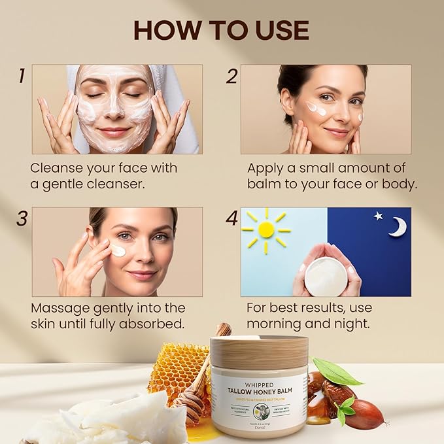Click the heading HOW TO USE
[x=221, y=30]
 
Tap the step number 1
[x=22, y=76]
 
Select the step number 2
[x=231, y=76]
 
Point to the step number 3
[x=22, y=218]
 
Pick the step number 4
[x=231, y=218]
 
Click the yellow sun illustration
[x=266, y=229]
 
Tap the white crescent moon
[x=397, y=227]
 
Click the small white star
[x=378, y=215]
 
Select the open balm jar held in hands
[x=326, y=275]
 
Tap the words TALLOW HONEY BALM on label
[x=259, y=391]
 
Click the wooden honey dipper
[x=196, y=392]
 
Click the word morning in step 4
[x=277, y=324]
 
